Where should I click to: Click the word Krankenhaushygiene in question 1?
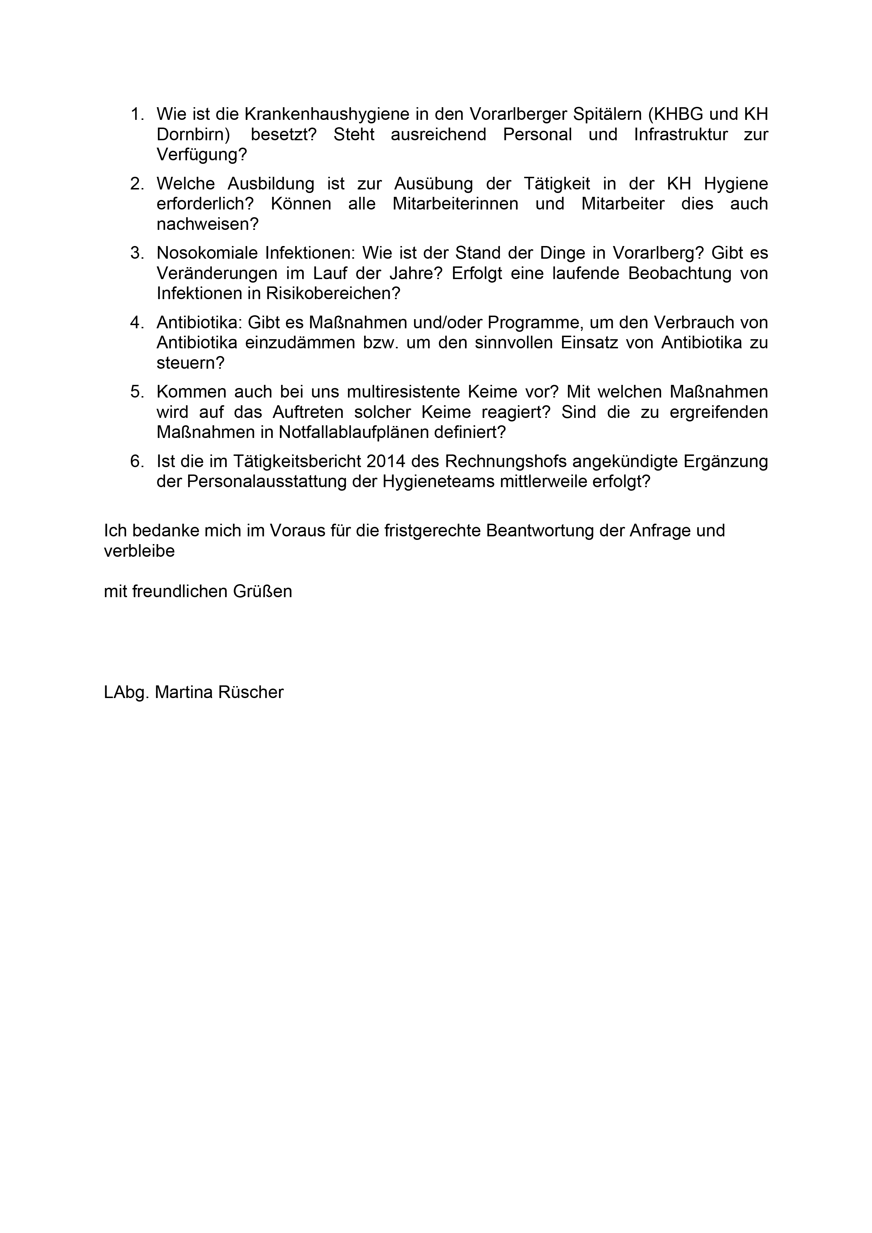(327, 114)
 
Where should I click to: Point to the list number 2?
(137, 184)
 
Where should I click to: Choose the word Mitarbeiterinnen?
(455, 205)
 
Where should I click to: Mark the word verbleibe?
(139, 551)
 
